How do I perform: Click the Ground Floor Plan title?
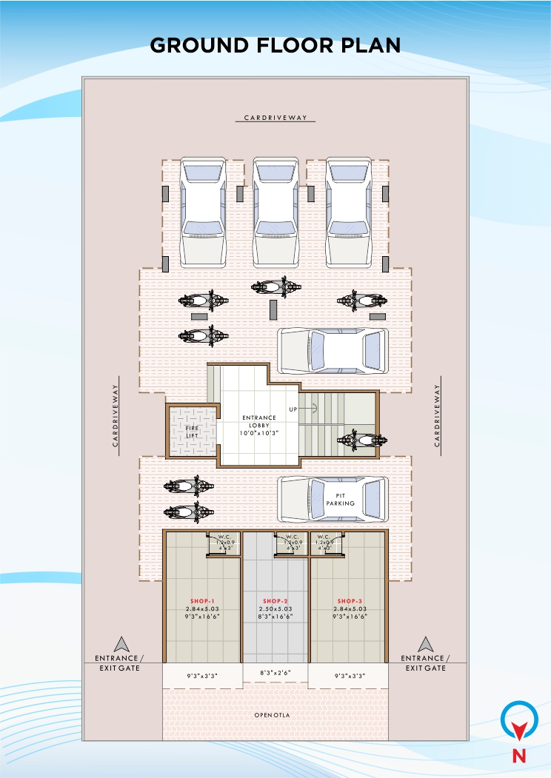[275, 45]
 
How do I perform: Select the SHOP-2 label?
[275, 601]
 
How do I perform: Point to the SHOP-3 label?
[350, 601]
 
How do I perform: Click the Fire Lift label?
[192, 432]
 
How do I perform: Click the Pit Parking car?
[333, 499]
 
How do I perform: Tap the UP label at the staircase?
[293, 409]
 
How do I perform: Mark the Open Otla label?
[275, 715]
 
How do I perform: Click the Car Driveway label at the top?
[275, 118]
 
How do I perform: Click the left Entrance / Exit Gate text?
[119, 663]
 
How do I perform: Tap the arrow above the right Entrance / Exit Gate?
[424, 644]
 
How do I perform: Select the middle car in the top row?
[275, 212]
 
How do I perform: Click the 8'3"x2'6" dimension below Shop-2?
[275, 673]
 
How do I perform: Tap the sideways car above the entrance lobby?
[333, 350]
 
